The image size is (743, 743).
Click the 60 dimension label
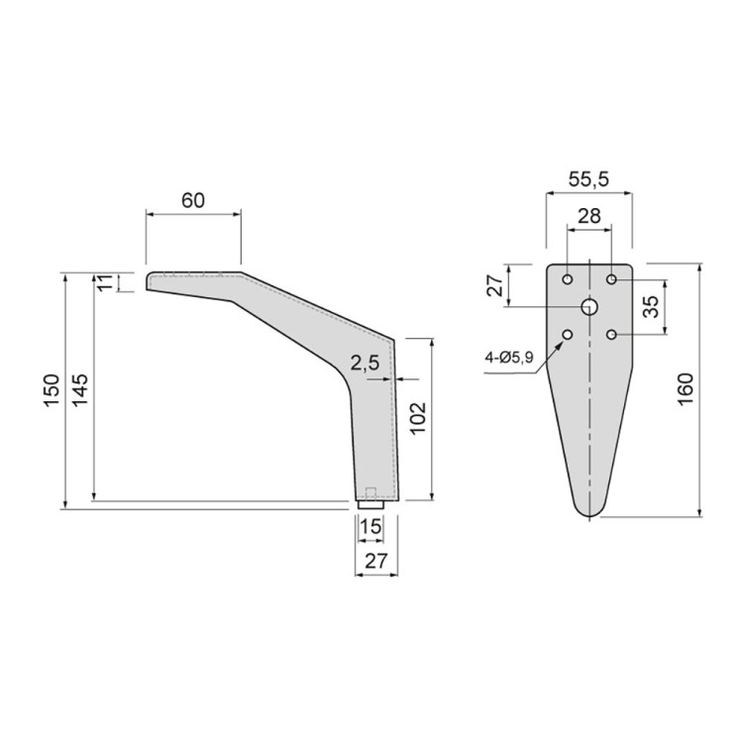tap(193, 200)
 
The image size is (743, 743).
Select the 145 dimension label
tap(80, 389)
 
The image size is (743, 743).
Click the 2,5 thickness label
tap(365, 363)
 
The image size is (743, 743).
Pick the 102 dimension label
tap(418, 419)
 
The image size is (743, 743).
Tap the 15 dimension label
tap(371, 526)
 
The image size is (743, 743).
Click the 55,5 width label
tap(588, 179)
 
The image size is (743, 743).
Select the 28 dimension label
tap(589, 216)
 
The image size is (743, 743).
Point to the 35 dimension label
tap(653, 306)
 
